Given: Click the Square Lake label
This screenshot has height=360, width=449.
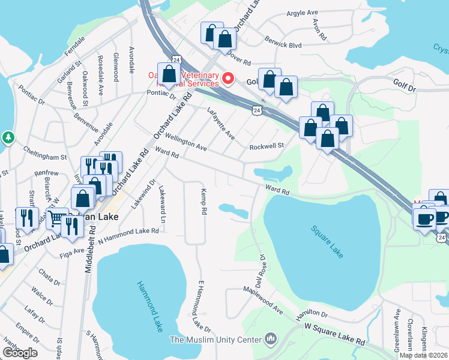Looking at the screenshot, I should (x=327, y=241).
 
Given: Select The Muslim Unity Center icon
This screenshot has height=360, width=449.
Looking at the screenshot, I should (x=270, y=340).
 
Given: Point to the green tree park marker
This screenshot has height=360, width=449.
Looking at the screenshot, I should (x=8, y=138).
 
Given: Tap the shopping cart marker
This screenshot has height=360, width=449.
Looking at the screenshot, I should (x=56, y=219).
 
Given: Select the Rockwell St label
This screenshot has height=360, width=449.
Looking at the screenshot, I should (x=266, y=145).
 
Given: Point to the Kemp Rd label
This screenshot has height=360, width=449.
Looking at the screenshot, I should (x=203, y=202).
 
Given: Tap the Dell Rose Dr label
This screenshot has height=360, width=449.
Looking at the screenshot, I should (x=259, y=272).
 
